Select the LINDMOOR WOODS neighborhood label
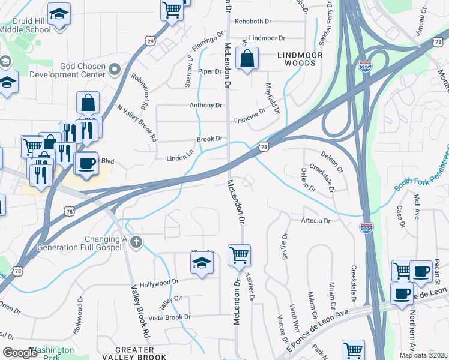coord(300,59)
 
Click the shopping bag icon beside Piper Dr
coord(247,60)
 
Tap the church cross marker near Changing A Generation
coord(136,242)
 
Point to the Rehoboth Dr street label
coord(253,21)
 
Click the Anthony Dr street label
coord(206,105)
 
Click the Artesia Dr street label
coord(316,221)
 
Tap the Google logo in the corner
coord(20,353)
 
